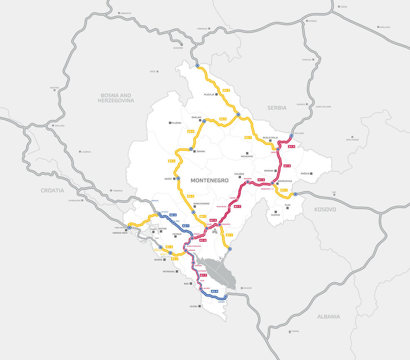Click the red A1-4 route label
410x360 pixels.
point(292,147)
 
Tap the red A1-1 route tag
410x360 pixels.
point(237,206)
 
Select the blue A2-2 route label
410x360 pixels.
point(173,215)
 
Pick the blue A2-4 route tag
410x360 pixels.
point(214,291)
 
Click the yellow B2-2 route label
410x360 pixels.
point(226,90)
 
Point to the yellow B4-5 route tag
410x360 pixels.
point(223,119)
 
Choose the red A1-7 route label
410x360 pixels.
point(203,275)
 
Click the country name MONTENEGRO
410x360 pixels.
point(210,180)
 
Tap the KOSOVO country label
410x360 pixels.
point(325,209)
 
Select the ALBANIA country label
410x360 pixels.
point(328,316)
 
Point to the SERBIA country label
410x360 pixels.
point(277,108)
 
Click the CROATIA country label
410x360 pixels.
point(52,190)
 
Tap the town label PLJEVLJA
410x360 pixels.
point(210,94)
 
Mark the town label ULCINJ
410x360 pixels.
point(194,306)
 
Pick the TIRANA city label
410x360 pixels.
point(294,331)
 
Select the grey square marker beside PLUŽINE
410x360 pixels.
point(170,123)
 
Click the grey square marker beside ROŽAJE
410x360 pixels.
point(311,174)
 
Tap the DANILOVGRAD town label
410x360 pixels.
point(201,204)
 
